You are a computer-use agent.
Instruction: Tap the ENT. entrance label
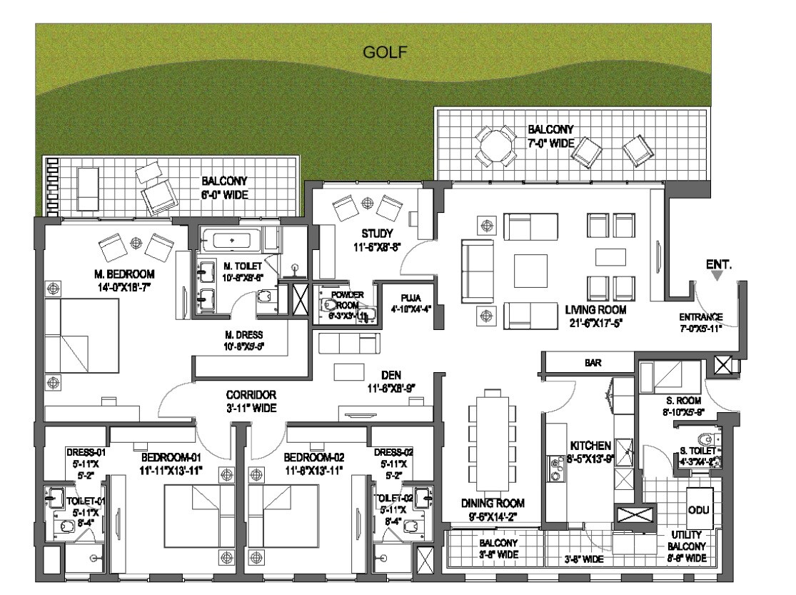(719, 264)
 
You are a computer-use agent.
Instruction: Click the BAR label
(593, 363)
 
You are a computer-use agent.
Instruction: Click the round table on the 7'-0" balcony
(497, 148)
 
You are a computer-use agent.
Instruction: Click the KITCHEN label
(590, 445)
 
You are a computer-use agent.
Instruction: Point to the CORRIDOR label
(251, 395)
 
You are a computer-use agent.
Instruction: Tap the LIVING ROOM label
(595, 310)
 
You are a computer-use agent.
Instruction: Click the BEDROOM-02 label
(313, 457)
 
